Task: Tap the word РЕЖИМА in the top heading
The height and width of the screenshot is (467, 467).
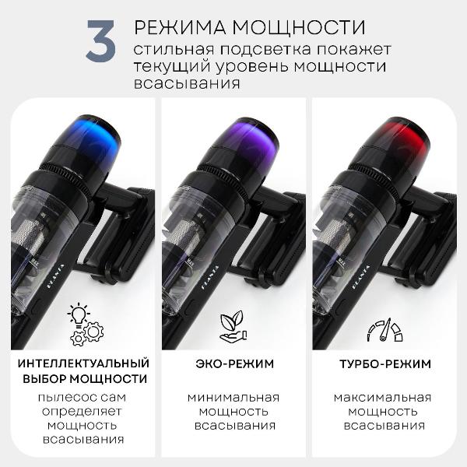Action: (176, 27)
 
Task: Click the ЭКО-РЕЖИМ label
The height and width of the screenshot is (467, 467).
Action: (233, 363)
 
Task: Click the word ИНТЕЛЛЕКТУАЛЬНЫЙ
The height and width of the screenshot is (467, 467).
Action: (83, 363)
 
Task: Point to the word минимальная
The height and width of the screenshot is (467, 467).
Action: (233, 397)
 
